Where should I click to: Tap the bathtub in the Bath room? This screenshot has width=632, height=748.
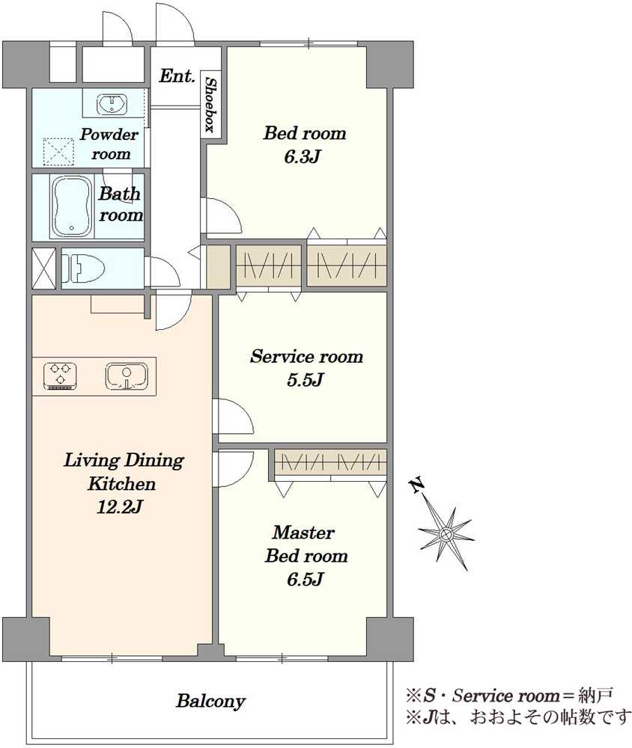tap(72, 206)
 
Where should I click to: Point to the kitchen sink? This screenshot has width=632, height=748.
tap(127, 376)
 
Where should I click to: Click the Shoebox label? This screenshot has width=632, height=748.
tap(209, 105)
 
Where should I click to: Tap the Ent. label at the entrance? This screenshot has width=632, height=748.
tap(177, 76)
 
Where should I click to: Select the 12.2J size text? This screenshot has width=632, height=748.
tap(119, 506)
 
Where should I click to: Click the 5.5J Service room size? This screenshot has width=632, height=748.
tap(306, 380)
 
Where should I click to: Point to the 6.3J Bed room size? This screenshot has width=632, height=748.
tap(302, 156)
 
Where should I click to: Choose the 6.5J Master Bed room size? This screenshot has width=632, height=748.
tap(306, 579)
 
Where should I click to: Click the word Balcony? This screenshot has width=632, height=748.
tap(210, 702)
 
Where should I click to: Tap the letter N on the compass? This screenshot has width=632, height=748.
tap(416, 485)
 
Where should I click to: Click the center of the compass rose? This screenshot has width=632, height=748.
tap(446, 534)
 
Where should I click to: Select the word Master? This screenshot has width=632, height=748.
tap(303, 533)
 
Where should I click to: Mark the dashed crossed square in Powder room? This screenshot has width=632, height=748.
tap(58, 152)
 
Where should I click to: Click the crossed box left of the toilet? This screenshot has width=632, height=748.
tap(43, 268)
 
